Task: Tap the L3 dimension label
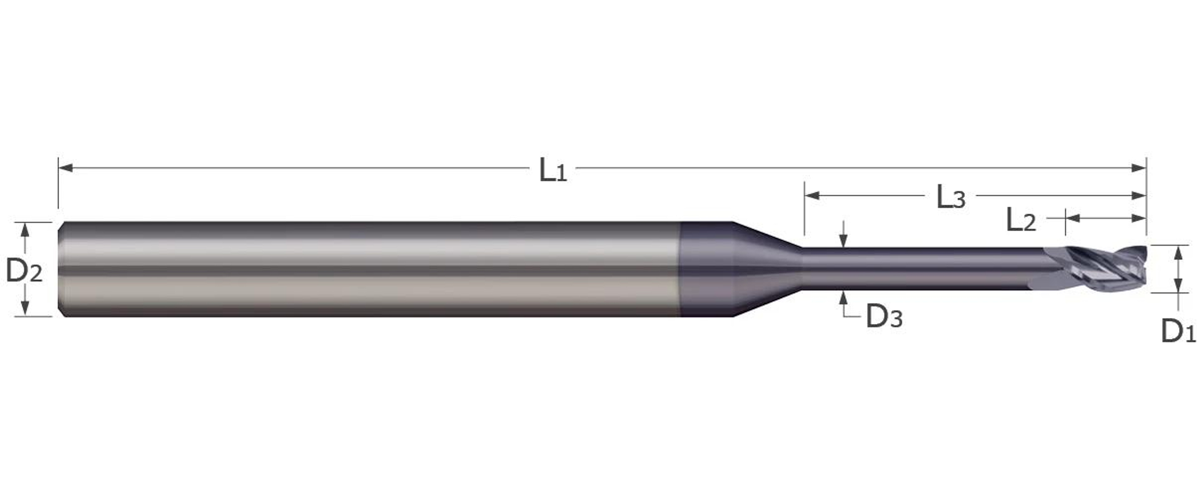tap(950, 197)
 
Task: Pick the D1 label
tap(1178, 331)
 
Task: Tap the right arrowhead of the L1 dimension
tap(1138, 168)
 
